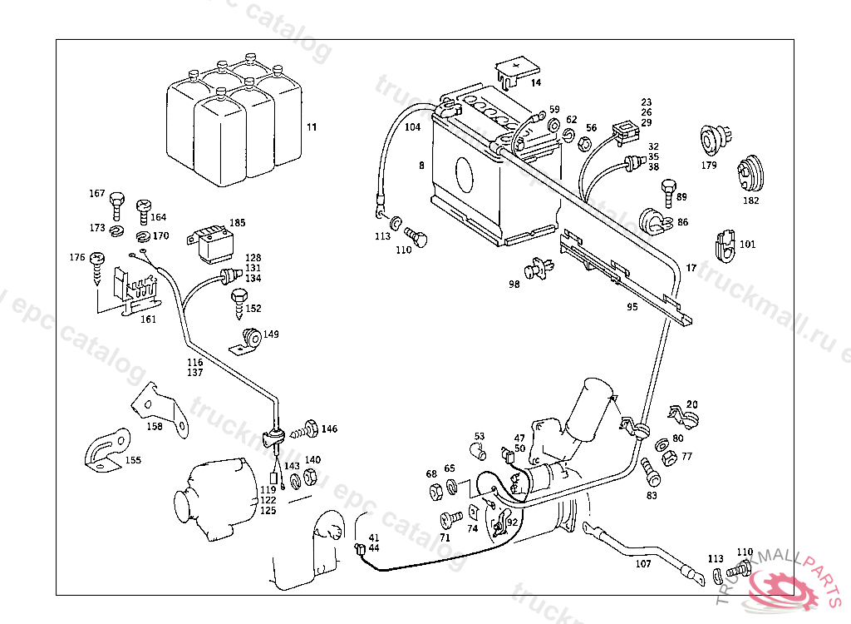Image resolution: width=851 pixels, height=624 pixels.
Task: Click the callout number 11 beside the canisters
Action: coord(312,127)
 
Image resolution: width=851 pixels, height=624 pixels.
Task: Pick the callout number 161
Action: coord(147,319)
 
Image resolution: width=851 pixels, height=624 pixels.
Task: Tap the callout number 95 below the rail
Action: coord(632,306)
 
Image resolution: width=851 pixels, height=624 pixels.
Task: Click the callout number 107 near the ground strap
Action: coord(643,563)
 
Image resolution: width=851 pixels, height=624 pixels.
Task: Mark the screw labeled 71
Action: coord(450,518)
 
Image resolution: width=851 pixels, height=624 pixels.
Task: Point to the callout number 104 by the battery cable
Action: coord(413,127)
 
